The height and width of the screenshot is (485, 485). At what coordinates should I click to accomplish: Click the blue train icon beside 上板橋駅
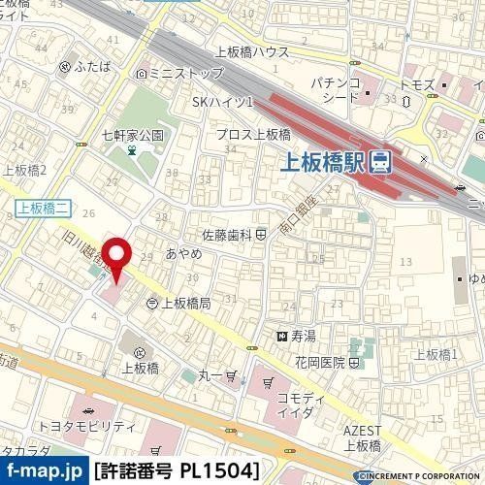coord(380,161)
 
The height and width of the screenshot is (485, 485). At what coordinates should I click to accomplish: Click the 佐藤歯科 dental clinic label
coord(227,235)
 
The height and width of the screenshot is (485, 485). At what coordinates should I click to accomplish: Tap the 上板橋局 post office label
coord(183,304)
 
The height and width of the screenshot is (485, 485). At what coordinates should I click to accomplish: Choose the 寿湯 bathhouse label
coord(303,336)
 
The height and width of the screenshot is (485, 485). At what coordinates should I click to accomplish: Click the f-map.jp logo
coord(43,470)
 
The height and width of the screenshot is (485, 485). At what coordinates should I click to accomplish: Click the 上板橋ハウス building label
coord(251,52)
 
